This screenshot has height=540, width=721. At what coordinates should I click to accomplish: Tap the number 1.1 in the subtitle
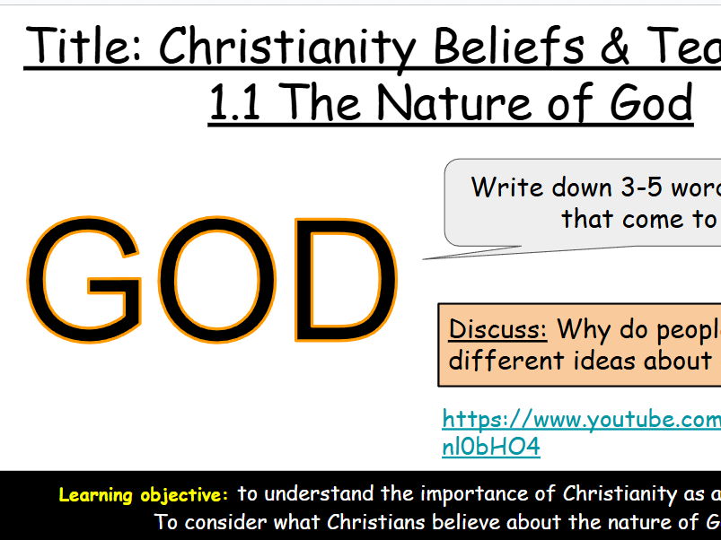coord(236,102)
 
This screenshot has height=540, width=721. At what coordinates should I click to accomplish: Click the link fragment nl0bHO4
coord(490,446)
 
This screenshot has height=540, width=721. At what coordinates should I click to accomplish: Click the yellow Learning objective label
coord(144,494)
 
